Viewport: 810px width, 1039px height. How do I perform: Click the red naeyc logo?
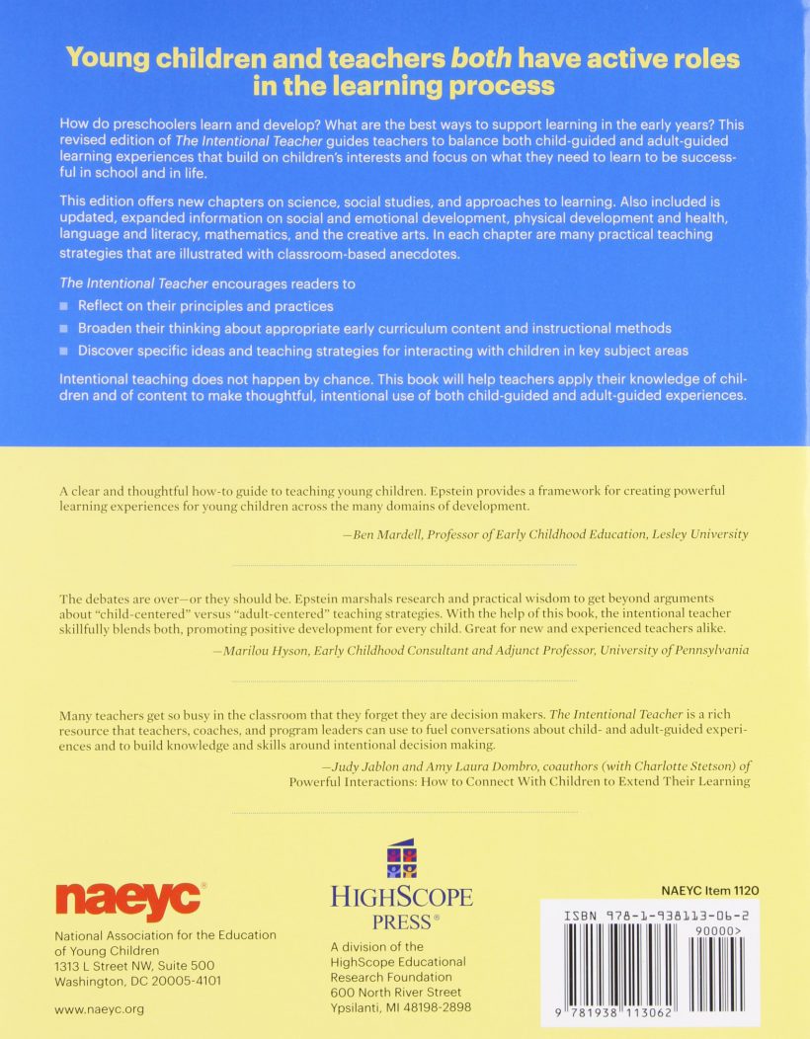130,899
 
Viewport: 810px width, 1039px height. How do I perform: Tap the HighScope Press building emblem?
400,859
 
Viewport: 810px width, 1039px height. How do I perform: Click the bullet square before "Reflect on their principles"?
64,306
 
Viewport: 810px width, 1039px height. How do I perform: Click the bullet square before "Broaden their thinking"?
64,329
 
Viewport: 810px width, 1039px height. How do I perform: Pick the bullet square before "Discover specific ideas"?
64,351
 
